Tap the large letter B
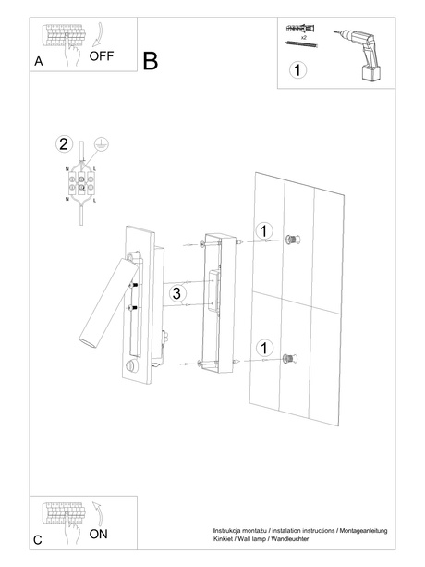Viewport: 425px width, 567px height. click(x=151, y=61)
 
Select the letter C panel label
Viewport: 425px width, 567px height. click(x=38, y=539)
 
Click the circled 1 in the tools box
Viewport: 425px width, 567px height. click(x=297, y=69)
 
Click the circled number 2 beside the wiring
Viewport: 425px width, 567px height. click(x=63, y=143)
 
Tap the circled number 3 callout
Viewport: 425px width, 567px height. click(x=179, y=293)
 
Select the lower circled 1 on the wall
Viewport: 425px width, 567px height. click(x=263, y=348)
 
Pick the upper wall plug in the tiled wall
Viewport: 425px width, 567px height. click(x=293, y=240)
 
